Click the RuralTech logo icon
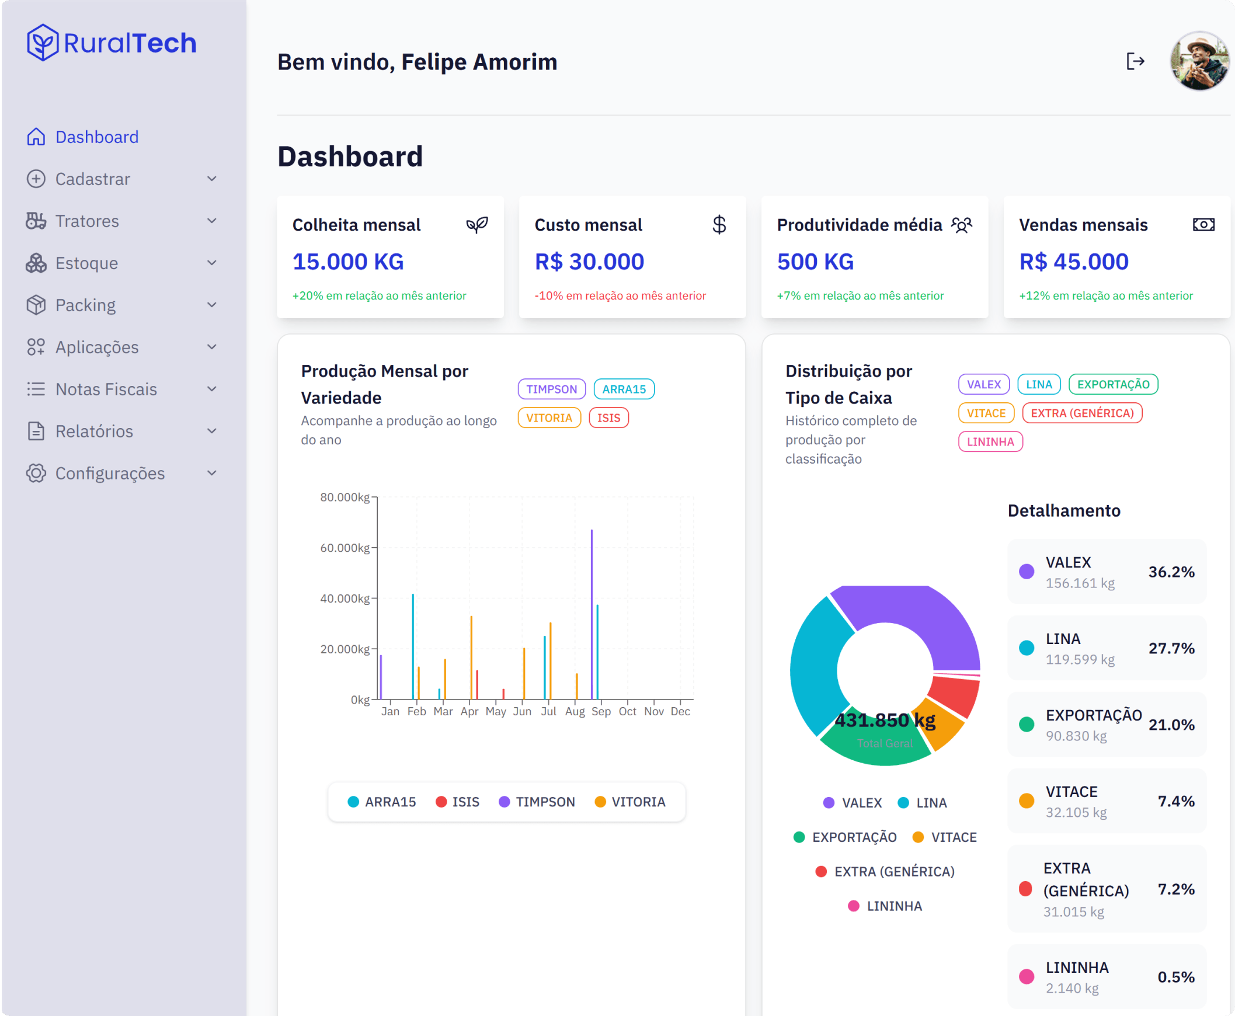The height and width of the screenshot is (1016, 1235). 42,43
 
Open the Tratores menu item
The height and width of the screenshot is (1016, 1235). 86,221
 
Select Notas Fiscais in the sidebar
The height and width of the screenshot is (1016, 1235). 106,389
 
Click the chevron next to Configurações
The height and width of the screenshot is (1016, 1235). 212,473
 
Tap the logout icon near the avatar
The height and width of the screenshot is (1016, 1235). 1135,61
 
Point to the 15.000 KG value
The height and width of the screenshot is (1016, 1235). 347,262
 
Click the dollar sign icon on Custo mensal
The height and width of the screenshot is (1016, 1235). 719,225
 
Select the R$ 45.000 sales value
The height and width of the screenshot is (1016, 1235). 1073,262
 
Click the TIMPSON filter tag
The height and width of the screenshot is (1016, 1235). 551,389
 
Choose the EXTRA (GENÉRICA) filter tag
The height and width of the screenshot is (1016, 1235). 1081,413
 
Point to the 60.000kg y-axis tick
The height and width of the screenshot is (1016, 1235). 345,548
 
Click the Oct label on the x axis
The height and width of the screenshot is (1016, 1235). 628,711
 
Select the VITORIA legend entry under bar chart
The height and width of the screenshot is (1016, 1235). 631,802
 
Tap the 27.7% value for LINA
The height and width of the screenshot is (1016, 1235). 1171,649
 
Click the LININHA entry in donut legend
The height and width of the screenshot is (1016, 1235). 885,906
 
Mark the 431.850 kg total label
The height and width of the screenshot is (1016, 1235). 885,721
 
